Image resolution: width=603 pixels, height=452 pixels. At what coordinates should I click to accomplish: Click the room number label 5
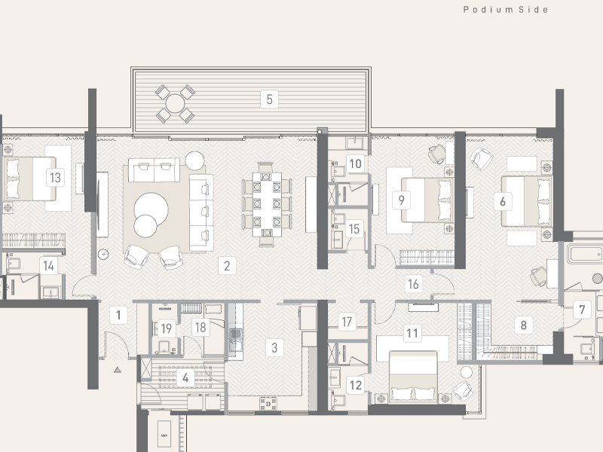[268, 97]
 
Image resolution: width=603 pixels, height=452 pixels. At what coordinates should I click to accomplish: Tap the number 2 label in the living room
[225, 265]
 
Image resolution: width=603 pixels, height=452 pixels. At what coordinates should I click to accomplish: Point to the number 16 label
[412, 284]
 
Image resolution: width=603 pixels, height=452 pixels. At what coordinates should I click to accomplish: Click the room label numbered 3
[274, 347]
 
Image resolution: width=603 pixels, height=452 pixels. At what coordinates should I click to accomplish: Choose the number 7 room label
[581, 309]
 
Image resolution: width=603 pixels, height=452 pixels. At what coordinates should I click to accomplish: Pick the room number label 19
[166, 328]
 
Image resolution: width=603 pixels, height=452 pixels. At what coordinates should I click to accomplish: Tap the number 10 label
[354, 163]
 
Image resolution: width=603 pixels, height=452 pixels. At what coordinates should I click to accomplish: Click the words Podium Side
[505, 10]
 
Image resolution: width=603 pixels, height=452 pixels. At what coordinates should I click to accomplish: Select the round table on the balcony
[175, 103]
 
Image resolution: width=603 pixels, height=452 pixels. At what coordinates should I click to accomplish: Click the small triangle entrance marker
[118, 371]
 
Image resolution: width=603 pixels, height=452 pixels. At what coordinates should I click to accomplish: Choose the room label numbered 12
[355, 385]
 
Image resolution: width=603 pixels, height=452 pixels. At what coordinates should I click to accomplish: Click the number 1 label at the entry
[118, 314]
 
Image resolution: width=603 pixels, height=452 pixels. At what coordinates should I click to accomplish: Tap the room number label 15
[354, 228]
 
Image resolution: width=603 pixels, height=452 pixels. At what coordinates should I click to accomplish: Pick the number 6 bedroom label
[501, 201]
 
